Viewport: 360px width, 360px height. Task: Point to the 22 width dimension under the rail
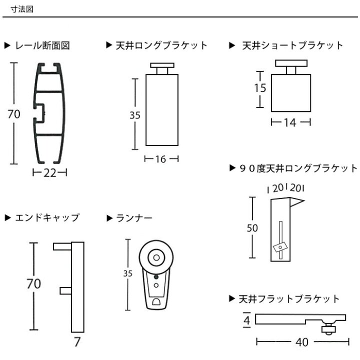pyautogui.click(x=49, y=173)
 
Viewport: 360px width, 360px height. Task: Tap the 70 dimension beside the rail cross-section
pyautogui.click(x=13, y=114)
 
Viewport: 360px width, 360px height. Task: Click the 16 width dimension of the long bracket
pyautogui.click(x=160, y=159)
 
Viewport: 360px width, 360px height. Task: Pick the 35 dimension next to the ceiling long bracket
pyautogui.click(x=134, y=114)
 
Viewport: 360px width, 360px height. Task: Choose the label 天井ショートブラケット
pyautogui.click(x=292, y=45)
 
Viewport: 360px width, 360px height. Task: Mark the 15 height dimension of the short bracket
pyautogui.click(x=259, y=88)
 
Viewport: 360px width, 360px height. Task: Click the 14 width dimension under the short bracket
pyautogui.click(x=290, y=122)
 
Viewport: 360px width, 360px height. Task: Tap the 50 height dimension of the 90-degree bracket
pyautogui.click(x=252, y=228)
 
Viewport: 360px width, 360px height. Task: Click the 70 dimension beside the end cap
pyautogui.click(x=33, y=283)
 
